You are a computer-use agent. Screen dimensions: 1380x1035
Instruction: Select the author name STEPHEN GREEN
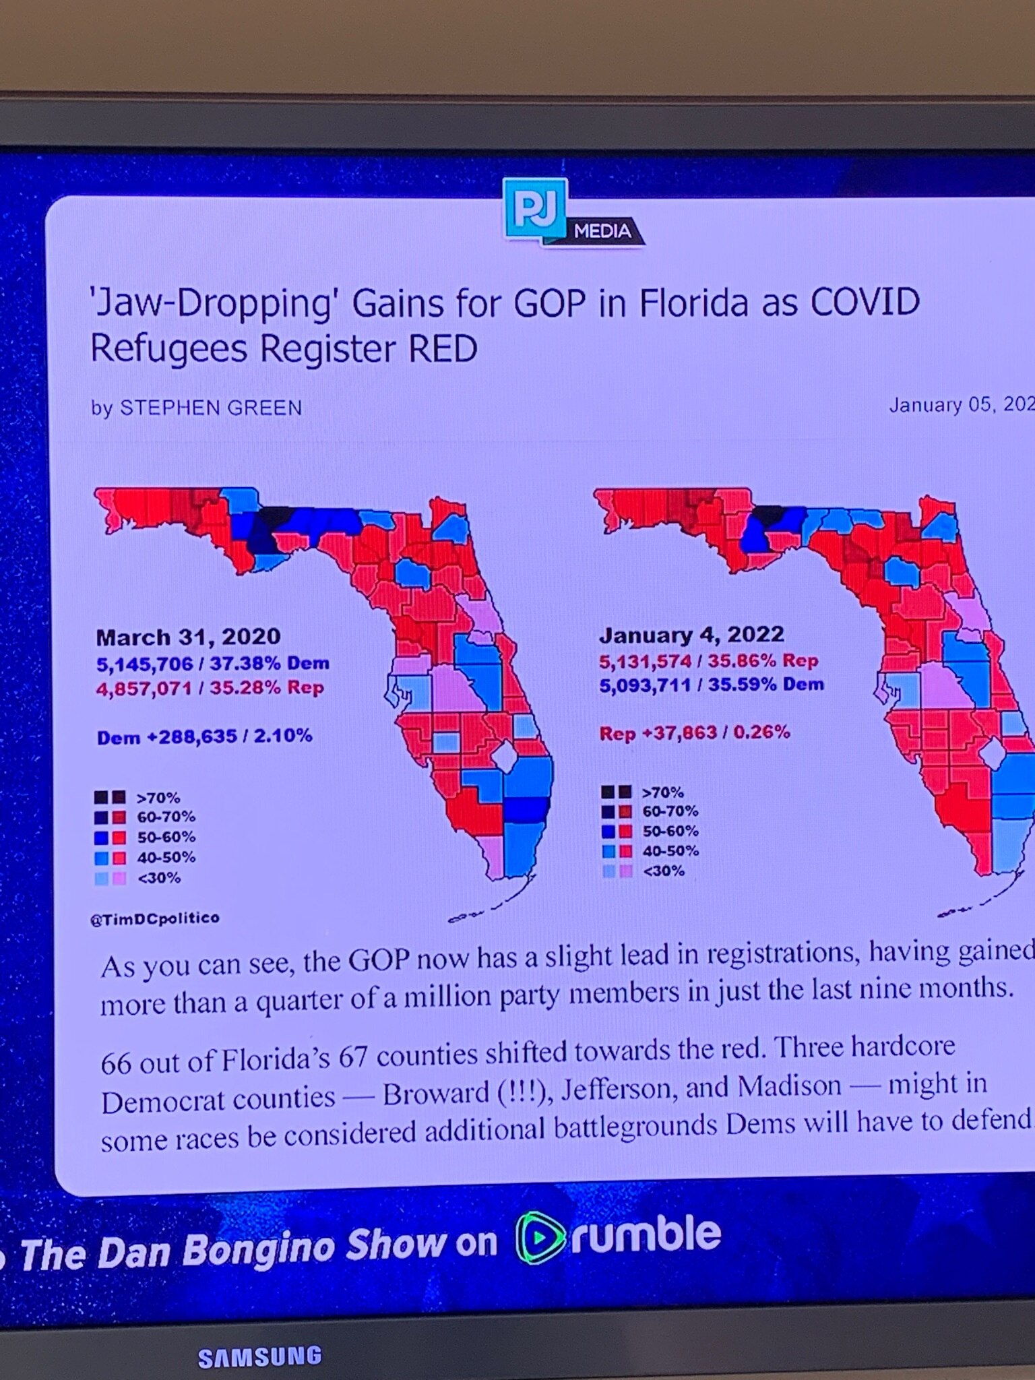[x=211, y=408]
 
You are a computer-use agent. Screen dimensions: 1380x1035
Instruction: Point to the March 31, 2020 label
[x=188, y=637]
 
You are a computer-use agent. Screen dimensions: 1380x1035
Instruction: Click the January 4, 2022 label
[x=691, y=635]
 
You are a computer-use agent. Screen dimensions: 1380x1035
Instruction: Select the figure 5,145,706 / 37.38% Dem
[x=213, y=664]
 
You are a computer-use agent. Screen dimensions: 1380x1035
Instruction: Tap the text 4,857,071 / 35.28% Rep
[x=210, y=688]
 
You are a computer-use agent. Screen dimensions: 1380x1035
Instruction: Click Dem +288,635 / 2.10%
[x=205, y=736]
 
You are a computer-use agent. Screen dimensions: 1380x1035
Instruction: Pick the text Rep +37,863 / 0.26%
[x=695, y=732]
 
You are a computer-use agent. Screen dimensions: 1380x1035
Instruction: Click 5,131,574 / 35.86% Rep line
[x=709, y=661]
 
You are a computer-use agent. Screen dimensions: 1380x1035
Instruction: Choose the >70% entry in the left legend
[x=158, y=798]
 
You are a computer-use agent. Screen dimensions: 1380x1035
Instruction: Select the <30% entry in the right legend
[x=663, y=871]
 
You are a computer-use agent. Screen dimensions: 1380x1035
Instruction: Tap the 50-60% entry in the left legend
[x=166, y=838]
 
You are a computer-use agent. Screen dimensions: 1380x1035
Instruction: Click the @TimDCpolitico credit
[x=155, y=918]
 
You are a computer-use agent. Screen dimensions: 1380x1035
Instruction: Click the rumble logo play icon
[x=540, y=1238]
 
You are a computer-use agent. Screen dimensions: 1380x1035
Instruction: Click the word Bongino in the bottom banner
[x=259, y=1249]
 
